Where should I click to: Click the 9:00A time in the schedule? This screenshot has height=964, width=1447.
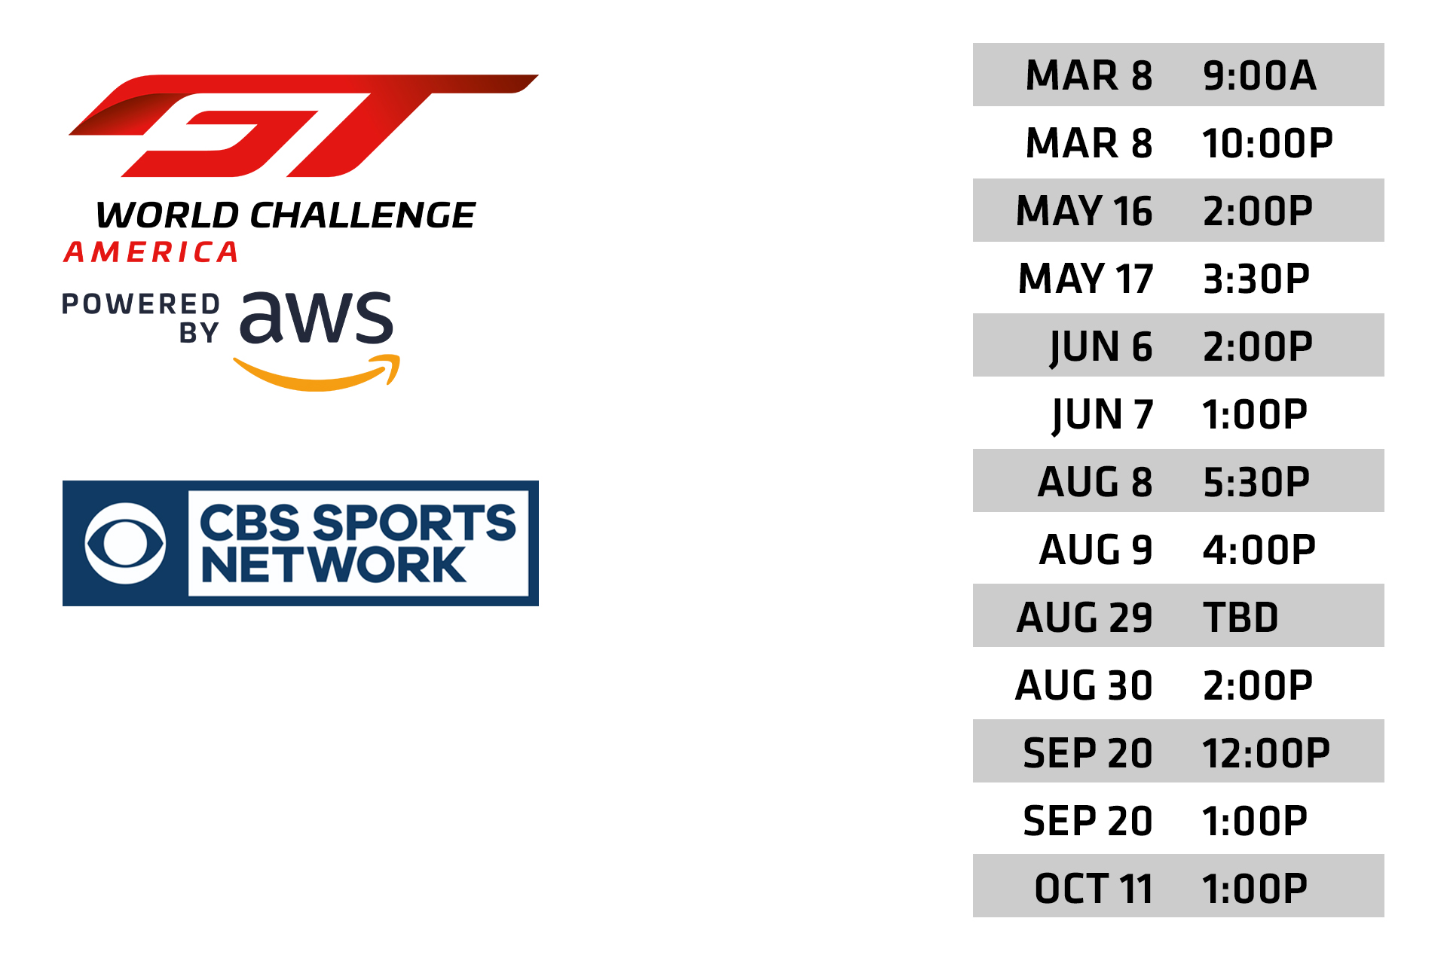[1259, 75]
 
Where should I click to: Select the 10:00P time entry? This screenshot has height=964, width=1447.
[1268, 143]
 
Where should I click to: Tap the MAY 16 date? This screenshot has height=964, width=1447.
[1084, 211]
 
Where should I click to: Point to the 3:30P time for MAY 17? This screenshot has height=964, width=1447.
[1256, 279]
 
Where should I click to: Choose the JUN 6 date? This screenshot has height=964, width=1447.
[1101, 347]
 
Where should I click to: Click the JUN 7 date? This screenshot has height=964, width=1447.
[1103, 415]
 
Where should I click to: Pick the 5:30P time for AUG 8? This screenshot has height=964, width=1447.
[1256, 482]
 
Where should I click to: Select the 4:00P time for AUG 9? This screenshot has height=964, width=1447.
[1259, 550]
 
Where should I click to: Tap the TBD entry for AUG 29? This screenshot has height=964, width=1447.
[1241, 618]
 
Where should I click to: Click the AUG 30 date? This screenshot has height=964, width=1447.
[1084, 685]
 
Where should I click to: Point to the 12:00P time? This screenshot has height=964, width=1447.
[1266, 753]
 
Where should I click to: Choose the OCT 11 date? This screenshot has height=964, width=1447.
[1094, 889]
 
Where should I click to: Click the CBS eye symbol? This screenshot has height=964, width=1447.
[125, 544]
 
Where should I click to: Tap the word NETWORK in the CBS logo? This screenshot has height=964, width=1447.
[333, 565]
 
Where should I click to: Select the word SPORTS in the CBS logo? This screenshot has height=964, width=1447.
[415, 522]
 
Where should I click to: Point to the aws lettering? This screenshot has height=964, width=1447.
[317, 316]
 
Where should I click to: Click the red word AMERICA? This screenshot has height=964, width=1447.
[151, 252]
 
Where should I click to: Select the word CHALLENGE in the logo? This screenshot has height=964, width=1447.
[363, 215]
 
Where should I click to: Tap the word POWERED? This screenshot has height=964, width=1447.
[141, 304]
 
